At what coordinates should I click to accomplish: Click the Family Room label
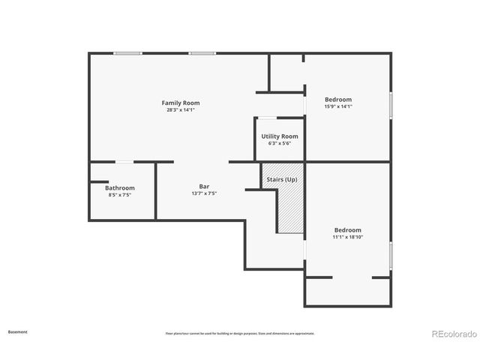pos(181,103)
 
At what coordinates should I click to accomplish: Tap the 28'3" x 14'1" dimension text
pos(181,110)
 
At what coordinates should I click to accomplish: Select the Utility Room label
pos(279,136)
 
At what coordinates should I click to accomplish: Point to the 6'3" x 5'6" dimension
pos(279,143)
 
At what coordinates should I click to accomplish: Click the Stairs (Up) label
pos(281,181)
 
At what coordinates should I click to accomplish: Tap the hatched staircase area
pos(290,210)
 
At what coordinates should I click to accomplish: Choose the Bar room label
pos(203,187)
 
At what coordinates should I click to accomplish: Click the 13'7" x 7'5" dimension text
pos(203,193)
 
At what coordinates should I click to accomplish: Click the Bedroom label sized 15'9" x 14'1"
pos(337,100)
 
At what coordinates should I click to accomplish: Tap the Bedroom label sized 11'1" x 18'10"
pos(347,230)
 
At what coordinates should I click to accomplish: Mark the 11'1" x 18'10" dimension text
pos(347,237)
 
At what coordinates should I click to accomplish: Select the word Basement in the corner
pos(18,331)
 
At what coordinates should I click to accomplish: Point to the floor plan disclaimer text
pos(240,334)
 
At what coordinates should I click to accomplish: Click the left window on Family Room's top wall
pos(127,53)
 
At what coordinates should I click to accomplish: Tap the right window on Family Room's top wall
pos(202,53)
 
